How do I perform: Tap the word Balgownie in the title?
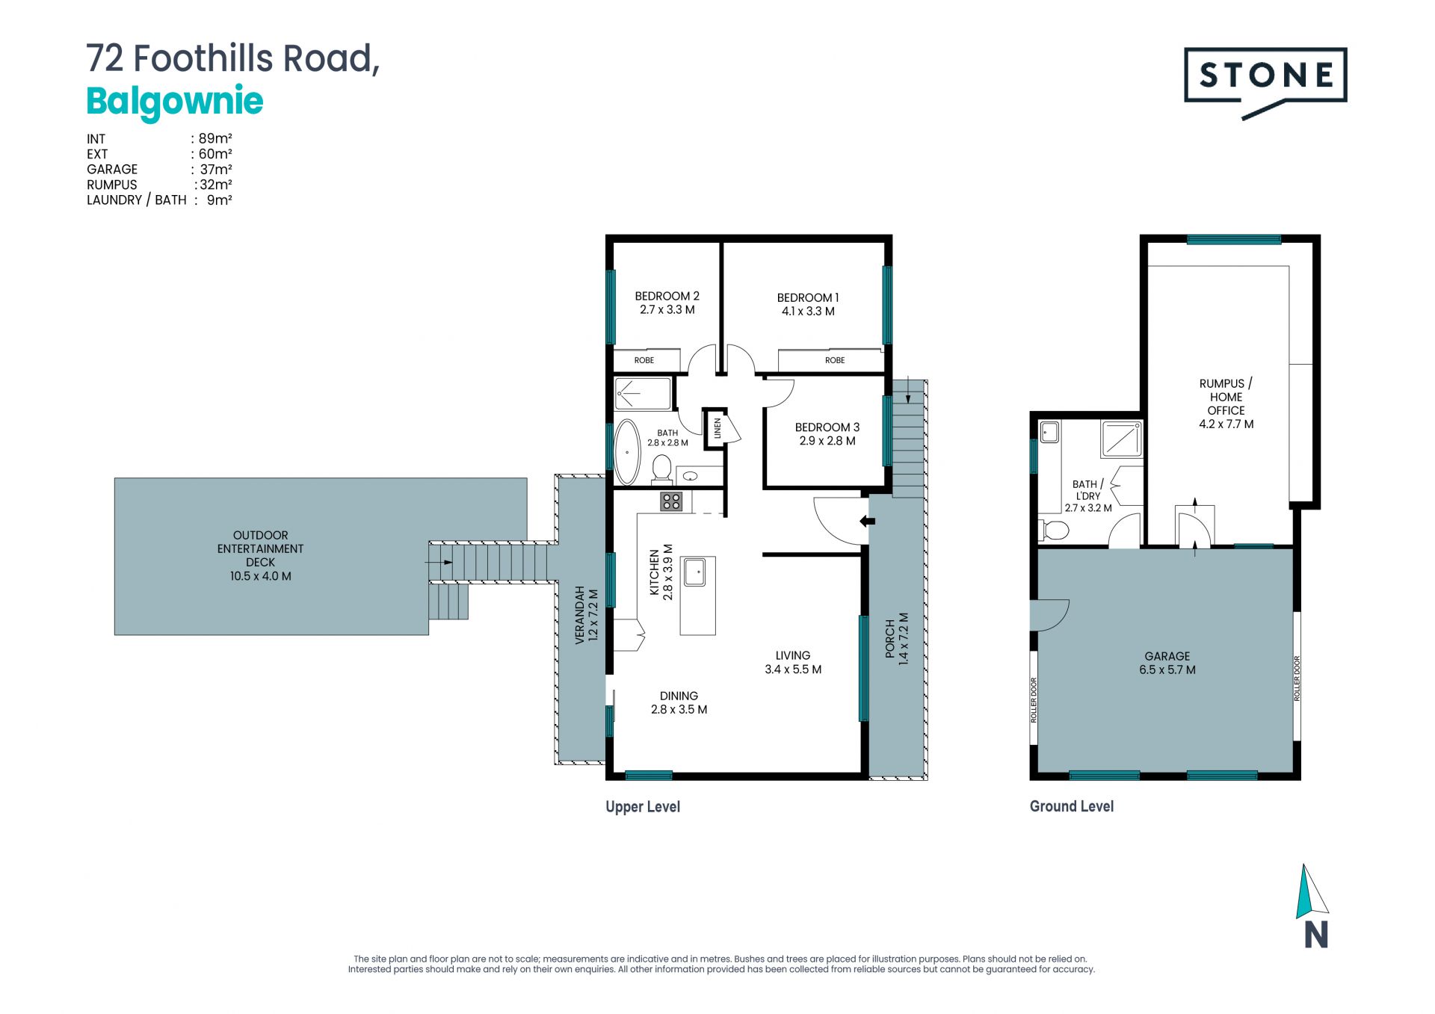[x=175, y=102]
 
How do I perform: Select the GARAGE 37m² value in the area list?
[x=216, y=169]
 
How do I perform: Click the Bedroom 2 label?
[x=667, y=296]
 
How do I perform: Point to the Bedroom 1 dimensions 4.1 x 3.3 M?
[x=808, y=312]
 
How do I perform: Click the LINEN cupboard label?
[x=717, y=428]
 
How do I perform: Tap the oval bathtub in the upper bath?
[x=627, y=453]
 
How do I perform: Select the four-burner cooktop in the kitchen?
[x=671, y=501]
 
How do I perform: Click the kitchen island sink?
[x=695, y=572]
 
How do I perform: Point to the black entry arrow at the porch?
[x=867, y=521]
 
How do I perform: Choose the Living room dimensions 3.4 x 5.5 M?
[x=793, y=670]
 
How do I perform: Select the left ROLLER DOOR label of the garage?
[x=1034, y=699]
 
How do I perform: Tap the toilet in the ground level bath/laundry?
[x=1055, y=531]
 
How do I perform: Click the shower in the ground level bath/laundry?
[x=1121, y=439]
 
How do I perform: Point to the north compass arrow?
[x=1311, y=891]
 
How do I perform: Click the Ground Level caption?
[x=1072, y=806]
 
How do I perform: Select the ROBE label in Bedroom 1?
[x=835, y=360]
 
